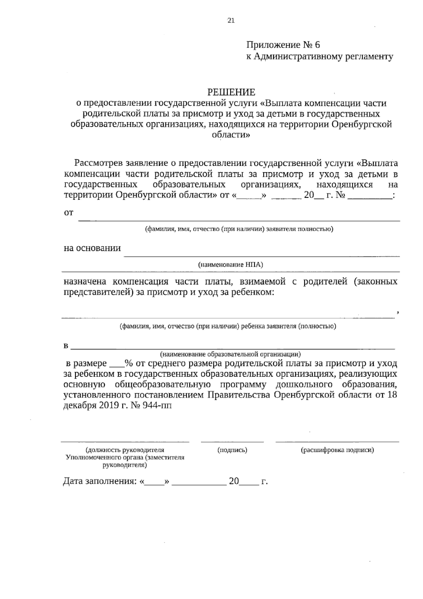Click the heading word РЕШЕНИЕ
tap(231, 92)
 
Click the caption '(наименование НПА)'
tap(231, 264)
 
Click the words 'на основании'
tap(92, 248)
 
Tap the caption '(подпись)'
tap(232, 450)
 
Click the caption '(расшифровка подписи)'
tap(337, 450)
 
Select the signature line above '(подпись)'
tap(232, 441)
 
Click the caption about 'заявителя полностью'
tap(239, 229)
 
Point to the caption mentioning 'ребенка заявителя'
tap(228, 326)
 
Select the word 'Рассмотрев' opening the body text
tap(98, 163)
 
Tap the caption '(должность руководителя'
tap(125, 450)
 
